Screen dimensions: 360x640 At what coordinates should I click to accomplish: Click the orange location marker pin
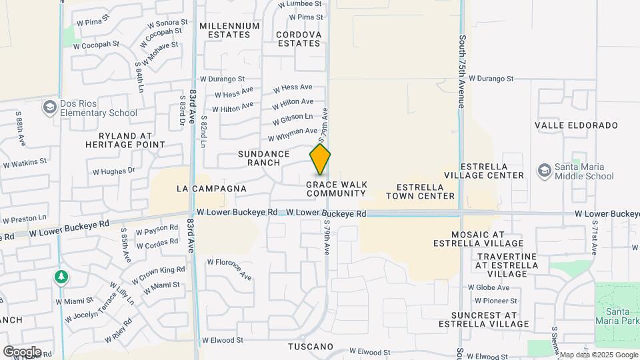[320, 160]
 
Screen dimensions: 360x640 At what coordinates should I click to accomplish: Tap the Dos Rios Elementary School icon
[49, 107]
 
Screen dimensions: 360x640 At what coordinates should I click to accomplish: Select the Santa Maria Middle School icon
[545, 171]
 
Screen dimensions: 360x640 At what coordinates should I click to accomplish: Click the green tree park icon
[61, 277]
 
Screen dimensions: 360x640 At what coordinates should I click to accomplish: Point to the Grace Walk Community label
[336, 189]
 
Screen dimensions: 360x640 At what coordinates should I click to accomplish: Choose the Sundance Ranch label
[264, 158]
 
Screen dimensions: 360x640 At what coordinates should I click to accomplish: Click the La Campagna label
[211, 189]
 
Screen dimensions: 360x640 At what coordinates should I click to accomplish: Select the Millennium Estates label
[229, 30]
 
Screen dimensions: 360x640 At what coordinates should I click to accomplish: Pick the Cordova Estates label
[299, 39]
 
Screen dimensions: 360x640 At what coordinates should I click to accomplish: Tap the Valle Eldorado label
[576, 125]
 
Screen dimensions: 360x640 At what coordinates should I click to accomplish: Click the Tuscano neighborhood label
[311, 347]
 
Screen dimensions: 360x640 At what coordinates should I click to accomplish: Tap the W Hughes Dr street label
[113, 171]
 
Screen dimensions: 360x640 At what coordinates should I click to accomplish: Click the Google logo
[21, 352]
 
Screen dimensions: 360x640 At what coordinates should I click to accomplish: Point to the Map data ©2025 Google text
[598, 355]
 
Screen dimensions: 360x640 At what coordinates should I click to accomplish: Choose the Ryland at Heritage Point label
[125, 139]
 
